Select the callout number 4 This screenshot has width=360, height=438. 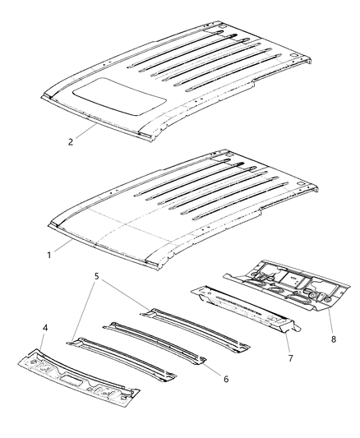(45, 329)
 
